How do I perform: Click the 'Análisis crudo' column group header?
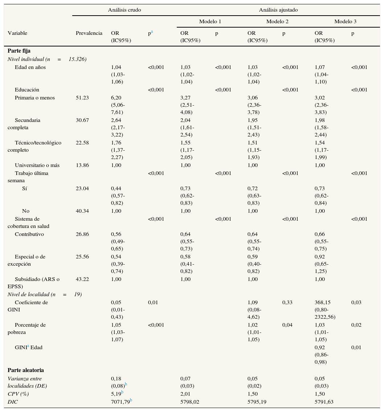click(x=124, y=10)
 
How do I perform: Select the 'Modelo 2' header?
click(x=277, y=21)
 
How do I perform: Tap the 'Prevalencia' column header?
click(x=89, y=33)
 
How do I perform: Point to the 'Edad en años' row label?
click(x=30, y=67)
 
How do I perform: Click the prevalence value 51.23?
click(x=82, y=98)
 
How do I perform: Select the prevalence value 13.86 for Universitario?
click(x=82, y=165)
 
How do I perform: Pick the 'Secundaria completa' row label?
click(x=24, y=124)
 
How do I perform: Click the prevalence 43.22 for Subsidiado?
click(x=82, y=279)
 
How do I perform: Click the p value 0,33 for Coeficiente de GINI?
click(x=287, y=302)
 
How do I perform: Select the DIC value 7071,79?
click(x=120, y=402)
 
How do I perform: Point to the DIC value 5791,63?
click(x=324, y=402)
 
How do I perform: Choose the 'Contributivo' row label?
click(x=29, y=234)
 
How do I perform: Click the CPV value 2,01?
click(x=185, y=394)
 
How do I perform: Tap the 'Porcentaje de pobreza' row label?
click(x=26, y=329)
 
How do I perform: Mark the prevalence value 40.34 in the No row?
click(x=82, y=211)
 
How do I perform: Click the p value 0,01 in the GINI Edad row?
click(x=356, y=347)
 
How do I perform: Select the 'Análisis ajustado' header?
click(x=278, y=10)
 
